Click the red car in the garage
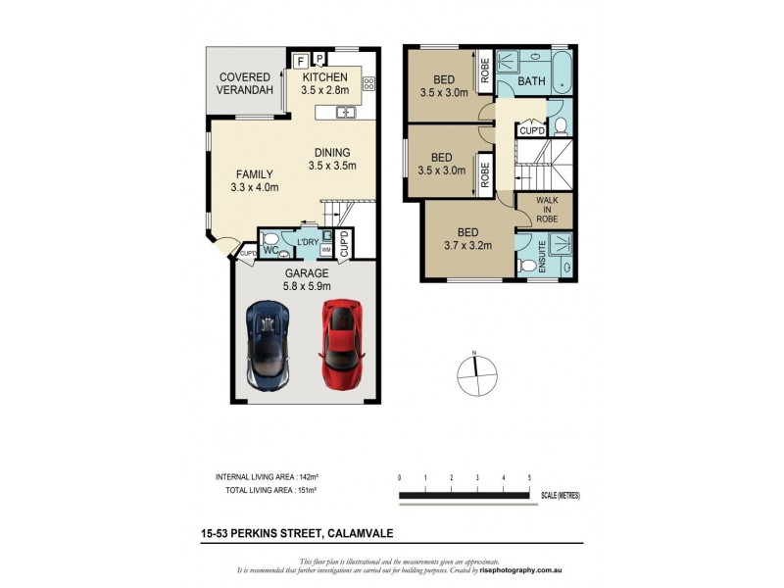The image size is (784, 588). point(338,342)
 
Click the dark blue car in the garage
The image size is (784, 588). point(269,342)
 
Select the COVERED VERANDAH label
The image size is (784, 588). point(245,83)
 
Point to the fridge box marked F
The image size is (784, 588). point(302,60)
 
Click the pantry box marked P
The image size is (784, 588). point(319,58)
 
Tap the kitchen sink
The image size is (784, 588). point(346,113)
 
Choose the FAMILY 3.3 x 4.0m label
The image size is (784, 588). point(254,180)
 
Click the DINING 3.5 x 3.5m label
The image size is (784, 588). point(336,159)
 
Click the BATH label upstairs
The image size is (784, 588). point(531,81)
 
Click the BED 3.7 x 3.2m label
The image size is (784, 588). point(467,239)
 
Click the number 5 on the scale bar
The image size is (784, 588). point(529,477)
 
